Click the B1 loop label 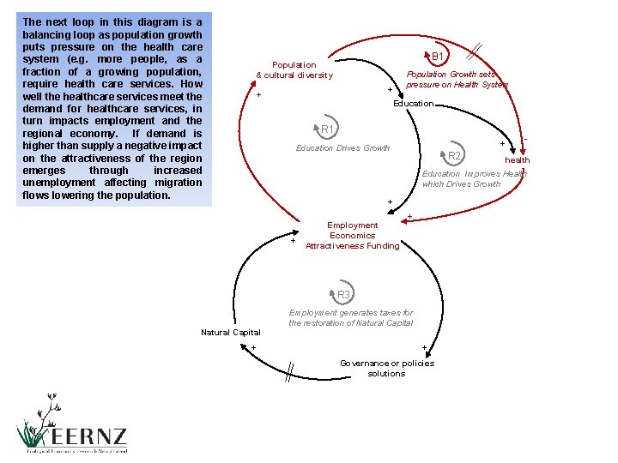pos(438,57)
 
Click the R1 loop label pos(327,129)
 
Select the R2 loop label pos(455,156)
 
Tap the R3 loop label pos(343,295)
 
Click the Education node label pos(413,104)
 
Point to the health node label pos(517,160)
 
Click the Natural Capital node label pos(230,333)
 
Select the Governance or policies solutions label pos(386,369)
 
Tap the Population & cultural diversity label pos(294,70)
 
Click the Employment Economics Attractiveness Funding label pos(353,236)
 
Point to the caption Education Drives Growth pos(342,148)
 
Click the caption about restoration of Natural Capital pos(350,318)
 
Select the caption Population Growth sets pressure pos(456,80)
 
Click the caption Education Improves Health pos(473,179)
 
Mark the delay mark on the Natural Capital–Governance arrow pos(292,370)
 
